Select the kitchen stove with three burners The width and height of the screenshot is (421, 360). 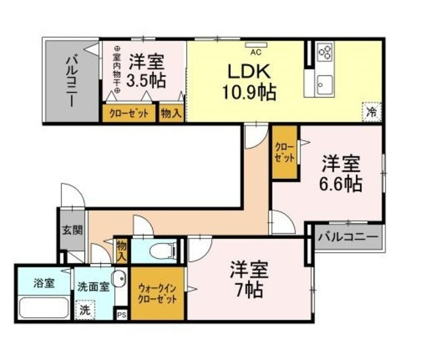(324, 52)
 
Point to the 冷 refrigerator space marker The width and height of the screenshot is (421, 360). (372, 111)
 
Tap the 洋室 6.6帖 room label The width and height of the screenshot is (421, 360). (341, 173)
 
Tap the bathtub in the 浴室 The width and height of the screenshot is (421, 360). (43, 308)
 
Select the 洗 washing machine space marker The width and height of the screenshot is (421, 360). (85, 309)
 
